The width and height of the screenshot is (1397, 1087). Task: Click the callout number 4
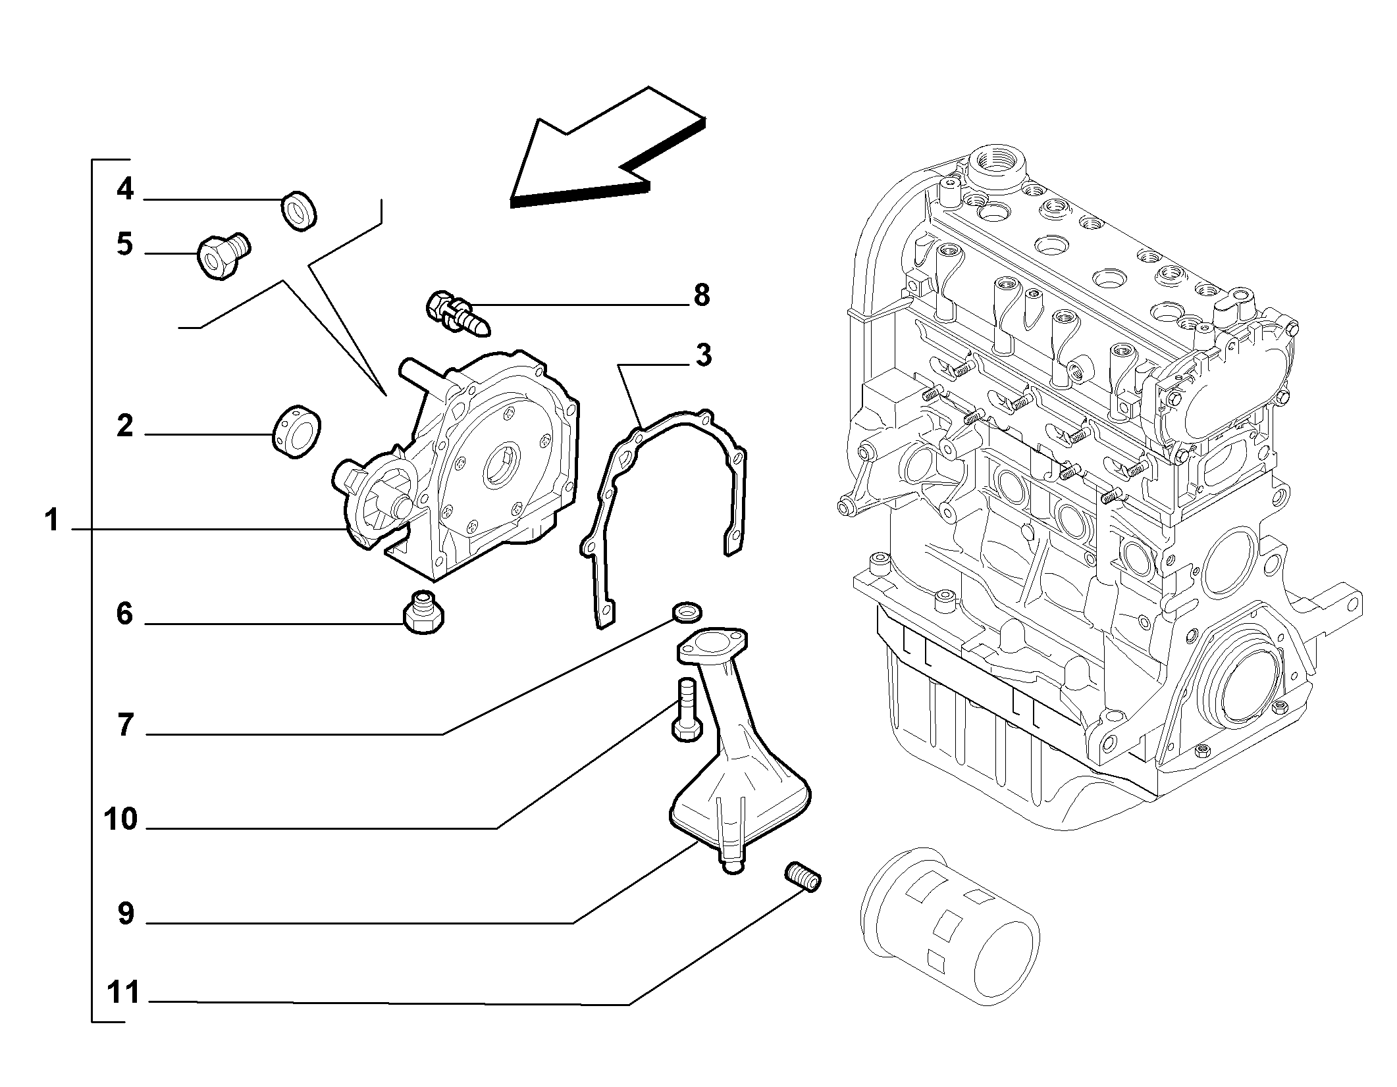[125, 190]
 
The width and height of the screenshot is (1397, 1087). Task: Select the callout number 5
[125, 244]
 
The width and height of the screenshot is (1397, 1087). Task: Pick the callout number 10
[120, 820]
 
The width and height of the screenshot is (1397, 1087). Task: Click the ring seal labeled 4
[300, 211]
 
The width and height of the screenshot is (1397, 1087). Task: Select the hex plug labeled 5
[224, 256]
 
